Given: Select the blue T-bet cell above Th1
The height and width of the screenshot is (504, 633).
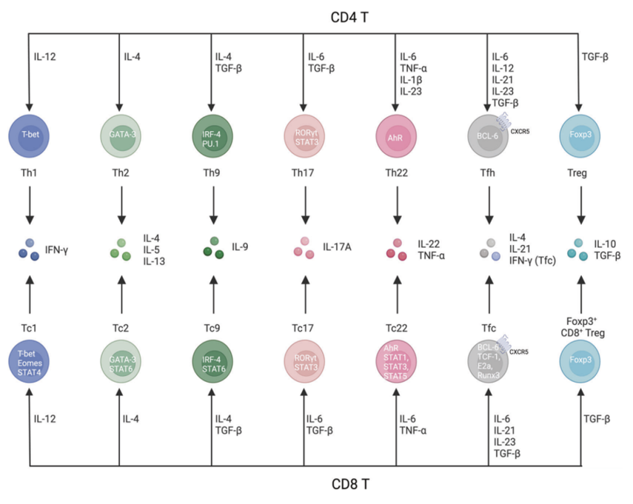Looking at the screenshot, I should pos(29,135).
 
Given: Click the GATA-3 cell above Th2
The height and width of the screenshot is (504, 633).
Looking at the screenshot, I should pos(120,135).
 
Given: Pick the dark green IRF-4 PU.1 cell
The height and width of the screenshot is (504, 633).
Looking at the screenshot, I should pos(212,135).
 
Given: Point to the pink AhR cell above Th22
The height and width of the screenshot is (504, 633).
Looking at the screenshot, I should pos(396,135).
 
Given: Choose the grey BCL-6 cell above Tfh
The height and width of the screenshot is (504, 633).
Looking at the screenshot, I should pos(488,135).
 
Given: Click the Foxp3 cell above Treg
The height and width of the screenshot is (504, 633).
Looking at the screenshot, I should pos(580,135).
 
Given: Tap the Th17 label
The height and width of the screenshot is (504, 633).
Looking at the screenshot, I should pos(304,174).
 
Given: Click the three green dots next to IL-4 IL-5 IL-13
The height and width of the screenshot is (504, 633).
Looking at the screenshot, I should pos(121,249).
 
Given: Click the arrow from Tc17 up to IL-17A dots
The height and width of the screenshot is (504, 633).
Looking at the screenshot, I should pos(304,294).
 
